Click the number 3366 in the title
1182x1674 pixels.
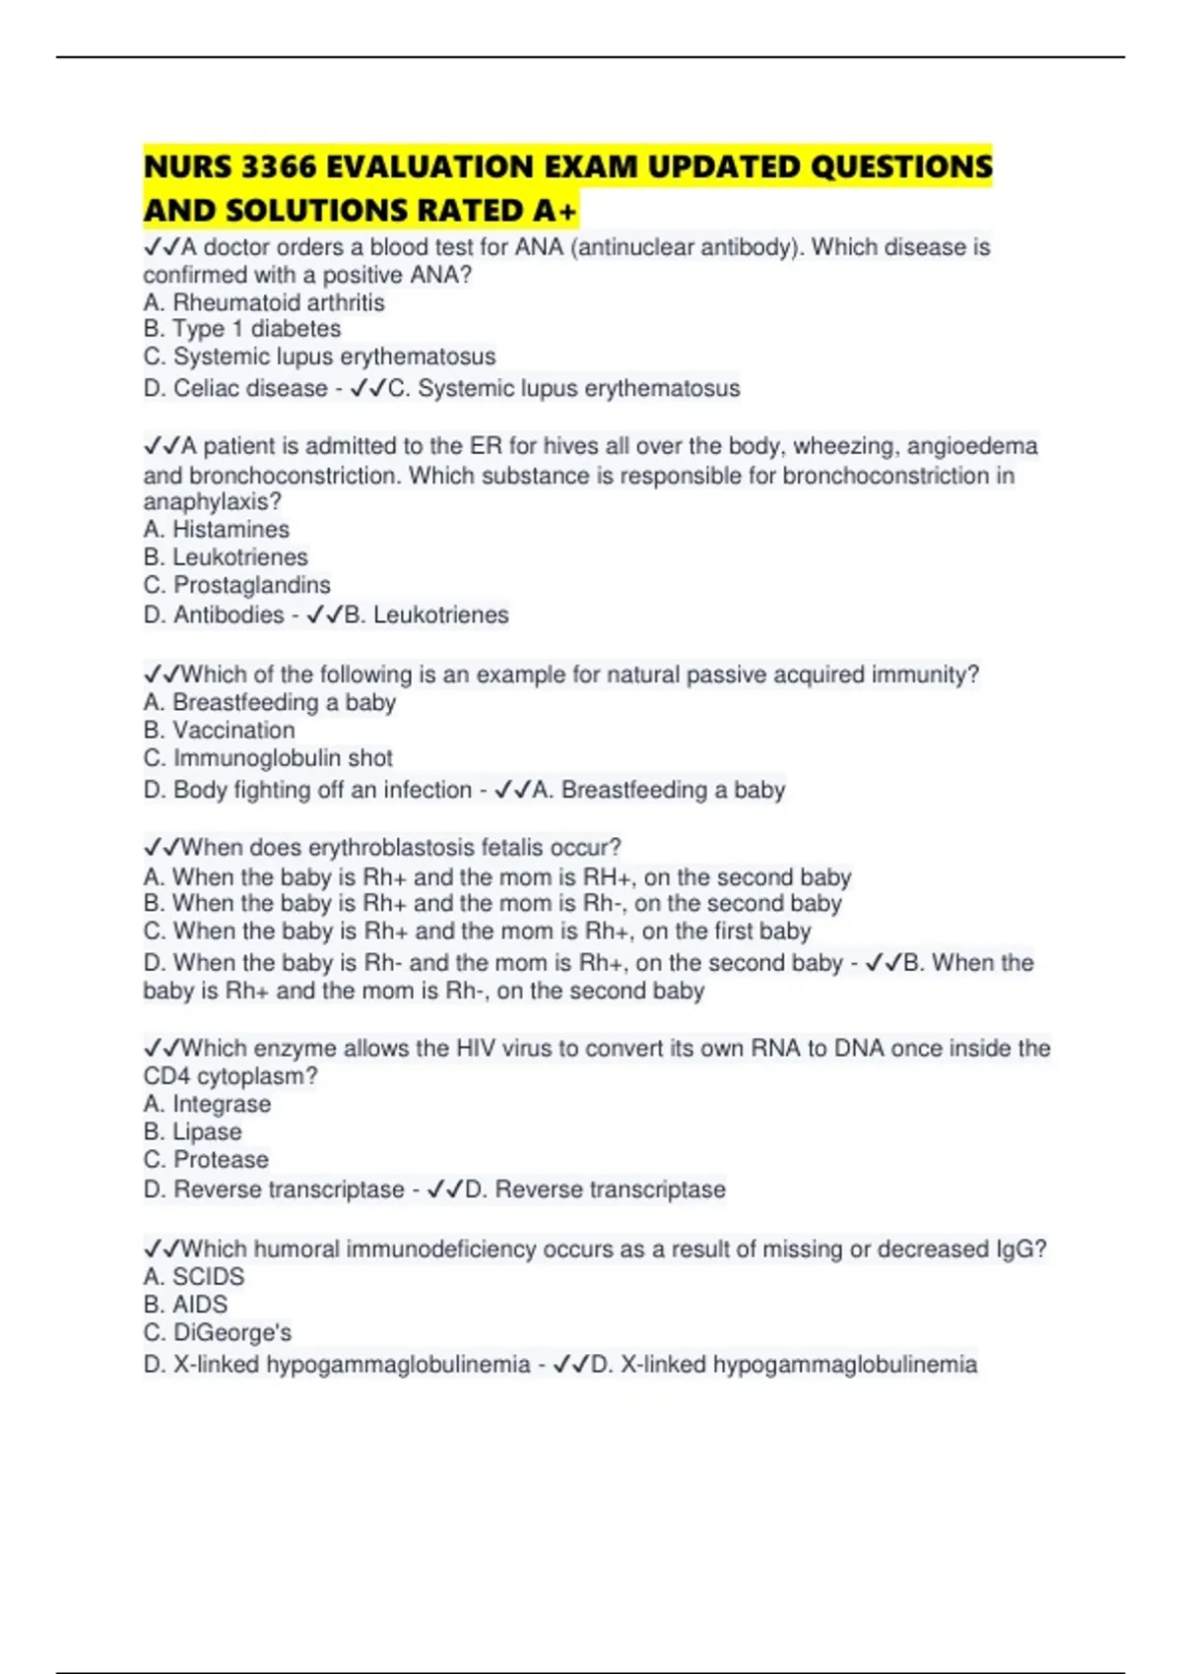(x=278, y=167)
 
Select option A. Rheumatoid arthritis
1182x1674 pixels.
(x=264, y=302)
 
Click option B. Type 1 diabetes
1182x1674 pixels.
(x=242, y=329)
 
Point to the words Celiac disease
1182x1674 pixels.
(x=250, y=388)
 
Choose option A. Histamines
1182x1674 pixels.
(x=217, y=530)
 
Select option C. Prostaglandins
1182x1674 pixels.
(x=237, y=585)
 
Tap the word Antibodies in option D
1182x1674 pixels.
(x=229, y=614)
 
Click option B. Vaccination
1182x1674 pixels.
(x=219, y=731)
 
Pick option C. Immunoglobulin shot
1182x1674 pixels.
(x=268, y=758)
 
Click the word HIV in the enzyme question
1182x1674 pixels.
(x=476, y=1049)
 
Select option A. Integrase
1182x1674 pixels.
(x=207, y=1105)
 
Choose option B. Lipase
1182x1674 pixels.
(x=192, y=1132)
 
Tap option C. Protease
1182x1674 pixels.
(x=206, y=1160)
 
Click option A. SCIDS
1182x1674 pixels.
(x=194, y=1277)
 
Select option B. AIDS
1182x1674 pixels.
(x=185, y=1305)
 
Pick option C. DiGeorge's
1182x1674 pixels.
(x=218, y=1332)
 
